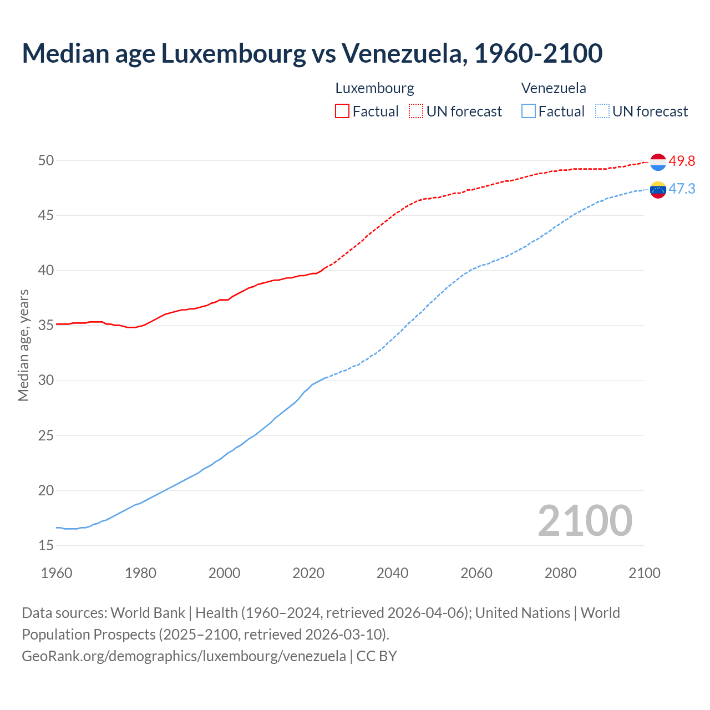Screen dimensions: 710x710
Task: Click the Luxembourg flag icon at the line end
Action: point(658,162)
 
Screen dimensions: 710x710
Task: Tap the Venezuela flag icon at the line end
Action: point(658,190)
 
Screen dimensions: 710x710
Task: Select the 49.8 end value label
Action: point(682,161)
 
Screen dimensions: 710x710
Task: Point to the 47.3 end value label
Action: point(682,189)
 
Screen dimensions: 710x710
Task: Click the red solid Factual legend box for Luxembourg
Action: point(342,111)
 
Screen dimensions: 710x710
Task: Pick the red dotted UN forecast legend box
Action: point(416,111)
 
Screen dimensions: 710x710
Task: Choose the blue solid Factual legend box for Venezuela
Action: point(529,111)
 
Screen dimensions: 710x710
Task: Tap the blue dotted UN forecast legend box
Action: point(602,111)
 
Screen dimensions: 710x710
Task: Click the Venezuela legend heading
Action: point(554,88)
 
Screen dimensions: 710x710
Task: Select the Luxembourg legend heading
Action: point(375,88)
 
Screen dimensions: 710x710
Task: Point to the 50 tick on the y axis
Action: point(46,161)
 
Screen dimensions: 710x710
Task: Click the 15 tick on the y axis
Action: point(46,546)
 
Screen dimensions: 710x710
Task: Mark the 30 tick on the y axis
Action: point(46,381)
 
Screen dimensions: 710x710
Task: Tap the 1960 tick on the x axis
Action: point(57,573)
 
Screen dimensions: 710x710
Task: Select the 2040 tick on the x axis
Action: point(392,573)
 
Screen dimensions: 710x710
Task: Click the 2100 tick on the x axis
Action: point(644,573)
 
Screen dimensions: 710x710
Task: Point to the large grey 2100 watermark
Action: point(585,520)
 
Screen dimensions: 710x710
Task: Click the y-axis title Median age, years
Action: point(23,345)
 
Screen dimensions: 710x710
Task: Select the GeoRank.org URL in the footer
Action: point(184,656)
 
